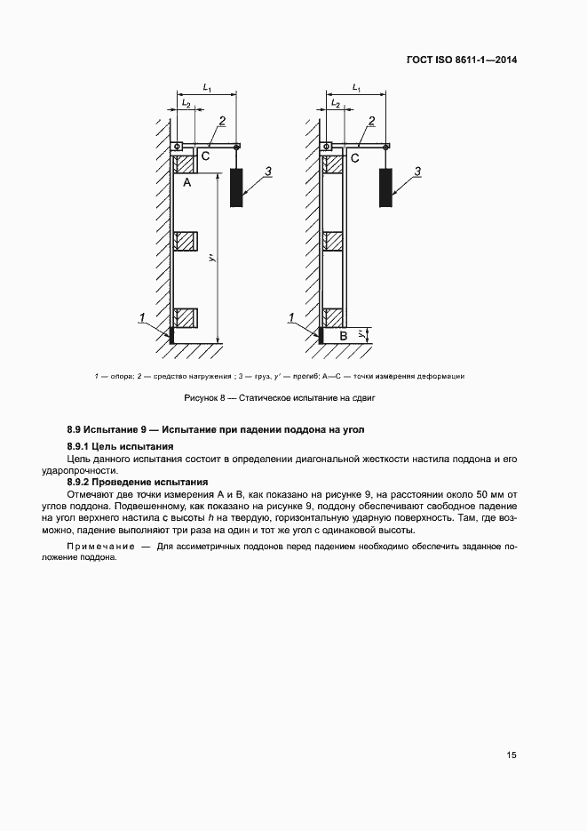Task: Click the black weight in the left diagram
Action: point(237,187)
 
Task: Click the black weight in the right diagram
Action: point(386,187)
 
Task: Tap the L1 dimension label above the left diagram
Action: point(207,88)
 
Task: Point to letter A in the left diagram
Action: point(187,183)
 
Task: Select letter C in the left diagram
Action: point(204,157)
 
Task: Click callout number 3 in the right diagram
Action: point(418,169)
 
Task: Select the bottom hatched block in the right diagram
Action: point(334,316)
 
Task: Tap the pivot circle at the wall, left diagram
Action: point(178,147)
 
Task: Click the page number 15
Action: point(511,755)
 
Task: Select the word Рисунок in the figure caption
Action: point(202,398)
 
